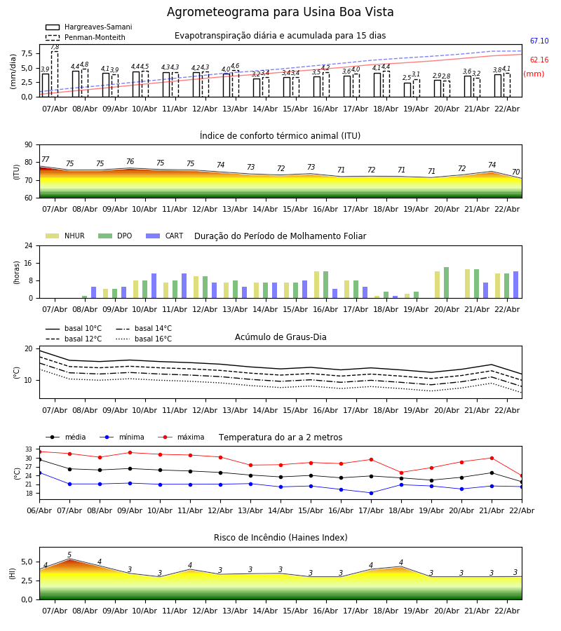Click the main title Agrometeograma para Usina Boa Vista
pos(280,13)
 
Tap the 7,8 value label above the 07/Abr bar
pos(55,47)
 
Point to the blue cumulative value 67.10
pos(539,42)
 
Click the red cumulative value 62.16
pos(539,61)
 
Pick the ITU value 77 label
pos(46,160)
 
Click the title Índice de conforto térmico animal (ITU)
pos(280,136)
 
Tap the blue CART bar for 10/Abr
pos(154,286)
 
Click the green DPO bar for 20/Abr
pos(446,283)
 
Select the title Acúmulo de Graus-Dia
pos(280,337)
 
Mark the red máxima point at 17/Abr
pos(371,460)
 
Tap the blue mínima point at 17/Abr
pos(371,493)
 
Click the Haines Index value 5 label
pos(69,555)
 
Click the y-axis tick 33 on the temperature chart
pos(29,449)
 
